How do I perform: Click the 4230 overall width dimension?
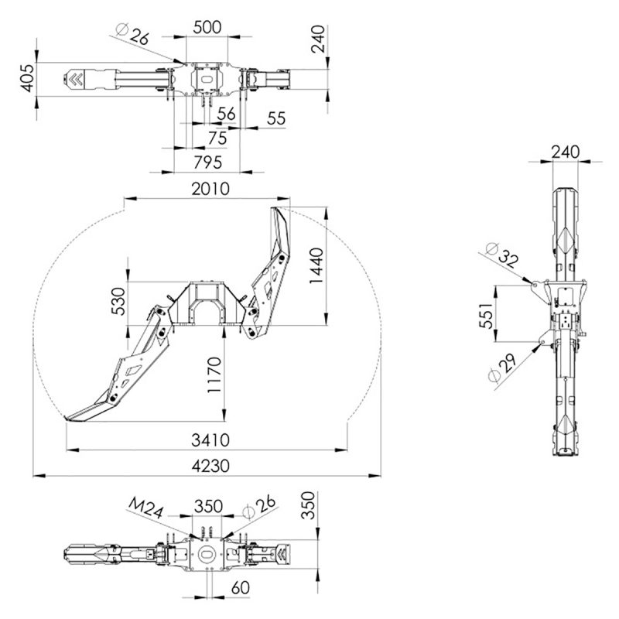(x=210, y=466)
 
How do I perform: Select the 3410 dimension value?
(x=210, y=439)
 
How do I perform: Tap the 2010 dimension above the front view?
(x=210, y=189)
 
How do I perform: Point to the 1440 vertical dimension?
(x=316, y=265)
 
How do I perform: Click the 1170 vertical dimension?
(x=214, y=374)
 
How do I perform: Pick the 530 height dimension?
(x=118, y=301)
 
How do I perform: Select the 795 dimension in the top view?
(x=208, y=162)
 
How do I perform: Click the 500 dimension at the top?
(x=207, y=27)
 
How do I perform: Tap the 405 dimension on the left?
(x=27, y=78)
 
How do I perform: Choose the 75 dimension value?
(x=217, y=139)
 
